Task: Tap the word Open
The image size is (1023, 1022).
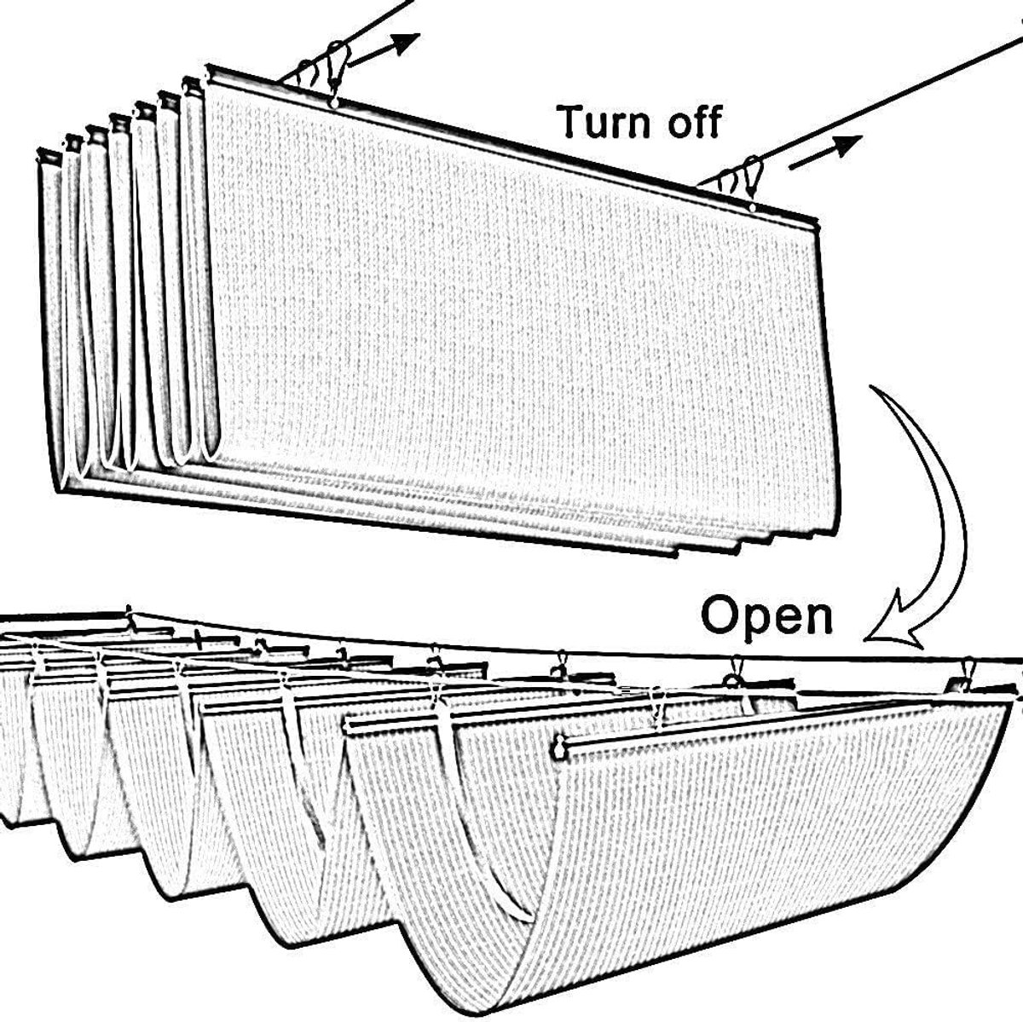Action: (766, 616)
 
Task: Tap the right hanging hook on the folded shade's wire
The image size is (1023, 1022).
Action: (754, 175)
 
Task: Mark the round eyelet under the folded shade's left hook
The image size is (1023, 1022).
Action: (333, 102)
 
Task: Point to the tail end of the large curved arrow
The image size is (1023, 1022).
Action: (870, 388)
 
